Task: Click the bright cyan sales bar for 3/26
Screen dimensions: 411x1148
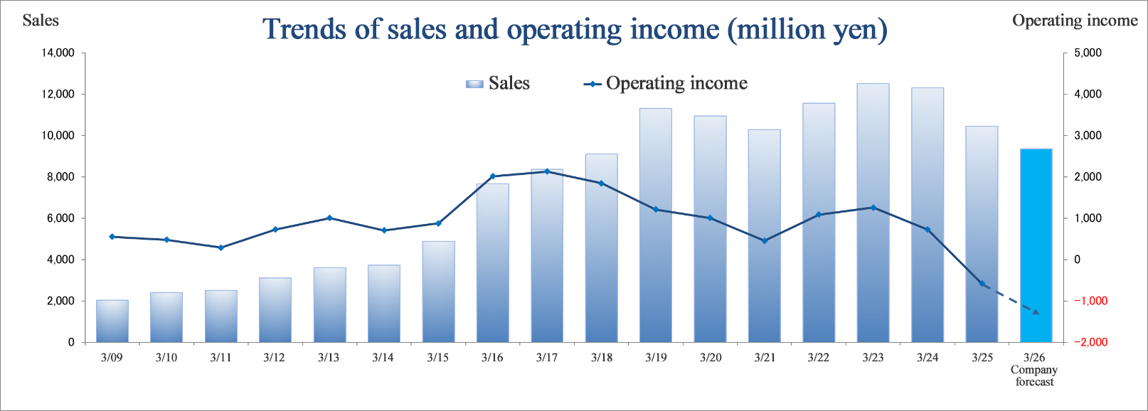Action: pos(1036,245)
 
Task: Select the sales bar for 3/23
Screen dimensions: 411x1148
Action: pos(873,213)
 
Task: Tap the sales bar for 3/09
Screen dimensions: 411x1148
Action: pos(112,321)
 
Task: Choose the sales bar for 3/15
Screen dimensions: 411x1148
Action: pos(438,292)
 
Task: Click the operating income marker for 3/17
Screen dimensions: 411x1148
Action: pos(547,171)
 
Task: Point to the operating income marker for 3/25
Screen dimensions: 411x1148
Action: pos(982,284)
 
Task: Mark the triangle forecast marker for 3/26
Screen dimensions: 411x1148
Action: pos(1036,311)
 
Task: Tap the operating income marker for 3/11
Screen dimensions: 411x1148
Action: pos(220,247)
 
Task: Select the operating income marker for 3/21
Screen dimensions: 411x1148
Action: pos(765,241)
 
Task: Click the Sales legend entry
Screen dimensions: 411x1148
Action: pos(498,84)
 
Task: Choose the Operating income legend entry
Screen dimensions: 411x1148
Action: pos(666,84)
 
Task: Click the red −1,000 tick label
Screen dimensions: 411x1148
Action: pos(1090,301)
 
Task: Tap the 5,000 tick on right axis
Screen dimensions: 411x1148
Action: pos(1088,53)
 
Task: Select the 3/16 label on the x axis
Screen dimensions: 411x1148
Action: pos(492,358)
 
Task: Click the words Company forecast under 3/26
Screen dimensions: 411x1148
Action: pos(1034,375)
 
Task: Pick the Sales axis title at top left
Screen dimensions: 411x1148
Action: pos(41,20)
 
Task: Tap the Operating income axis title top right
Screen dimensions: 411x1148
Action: pos(1074,21)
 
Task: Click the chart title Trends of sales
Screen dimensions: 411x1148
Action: pos(575,30)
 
